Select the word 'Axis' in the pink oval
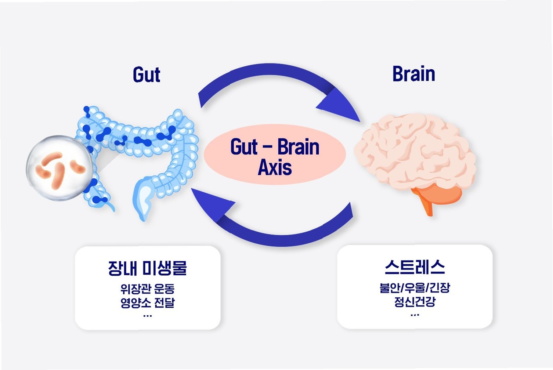coord(275,167)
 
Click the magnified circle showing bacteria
coord(59,168)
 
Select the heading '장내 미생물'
coord(147,268)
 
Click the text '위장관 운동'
coord(147,289)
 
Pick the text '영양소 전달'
coord(147,303)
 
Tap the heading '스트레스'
coord(415,267)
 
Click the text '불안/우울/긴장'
coord(415,287)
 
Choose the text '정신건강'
coord(415,302)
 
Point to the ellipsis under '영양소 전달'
coord(147,315)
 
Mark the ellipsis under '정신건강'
coord(415,315)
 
